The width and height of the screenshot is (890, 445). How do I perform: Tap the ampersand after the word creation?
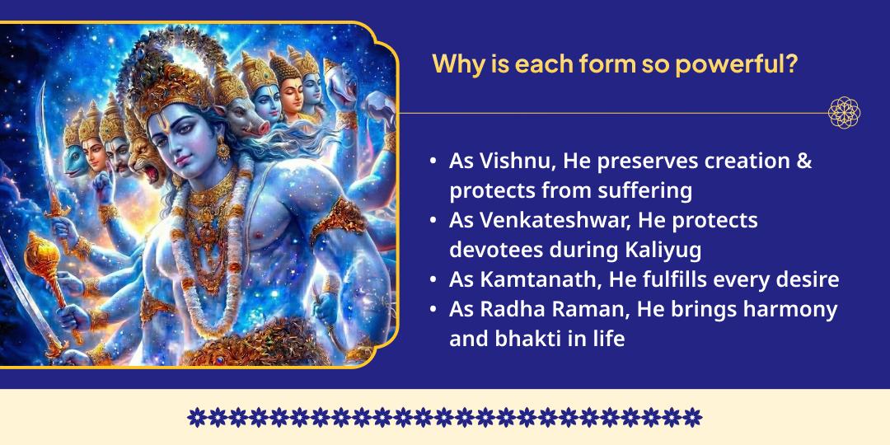point(803,162)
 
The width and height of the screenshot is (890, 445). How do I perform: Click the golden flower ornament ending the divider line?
point(843,113)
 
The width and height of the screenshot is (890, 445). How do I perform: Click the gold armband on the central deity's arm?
point(337,218)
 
